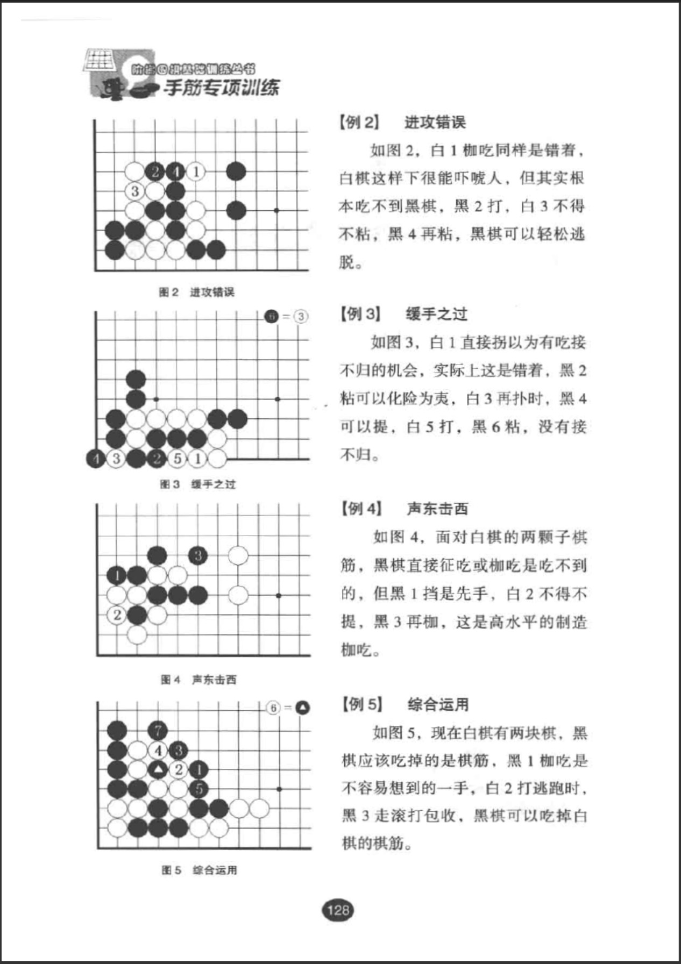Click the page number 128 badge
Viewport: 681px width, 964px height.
338,910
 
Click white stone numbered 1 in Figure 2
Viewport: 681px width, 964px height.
196,172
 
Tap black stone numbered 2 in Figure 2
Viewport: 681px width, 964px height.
155,172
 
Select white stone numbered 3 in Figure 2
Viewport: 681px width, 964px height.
134,191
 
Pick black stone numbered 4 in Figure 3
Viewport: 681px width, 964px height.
96,459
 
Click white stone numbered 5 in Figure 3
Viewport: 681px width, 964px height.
177,459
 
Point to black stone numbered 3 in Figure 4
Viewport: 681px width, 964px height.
198,555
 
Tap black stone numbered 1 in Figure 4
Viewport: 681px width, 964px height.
117,575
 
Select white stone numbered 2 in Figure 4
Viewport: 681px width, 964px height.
117,615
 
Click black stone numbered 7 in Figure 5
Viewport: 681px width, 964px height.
158,730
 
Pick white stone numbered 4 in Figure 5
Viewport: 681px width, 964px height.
158,750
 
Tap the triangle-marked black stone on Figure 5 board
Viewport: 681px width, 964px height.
158,770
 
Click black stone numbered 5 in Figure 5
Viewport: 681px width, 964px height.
198,789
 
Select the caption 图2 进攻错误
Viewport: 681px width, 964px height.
196,292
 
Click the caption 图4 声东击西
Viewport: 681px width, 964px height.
198,680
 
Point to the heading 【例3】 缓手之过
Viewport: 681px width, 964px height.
403,314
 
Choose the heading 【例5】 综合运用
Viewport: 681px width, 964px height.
405,704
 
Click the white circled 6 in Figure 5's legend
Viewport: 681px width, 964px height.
273,708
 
